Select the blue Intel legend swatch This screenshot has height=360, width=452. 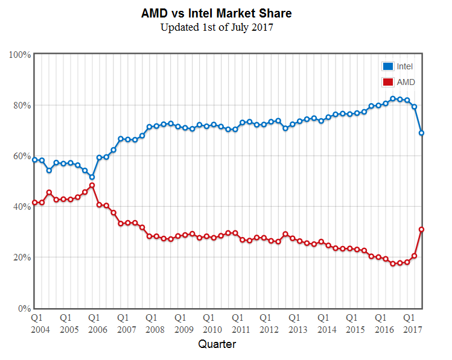point(387,66)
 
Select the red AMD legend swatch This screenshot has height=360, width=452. point(387,82)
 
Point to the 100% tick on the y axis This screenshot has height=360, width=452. point(21,55)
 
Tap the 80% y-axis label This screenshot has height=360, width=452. point(22,106)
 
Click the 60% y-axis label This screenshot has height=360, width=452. point(22,156)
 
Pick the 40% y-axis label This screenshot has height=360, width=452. point(22,207)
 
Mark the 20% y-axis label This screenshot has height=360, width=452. point(22,257)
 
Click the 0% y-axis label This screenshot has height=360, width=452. point(25,308)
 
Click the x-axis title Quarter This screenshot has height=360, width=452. point(217,344)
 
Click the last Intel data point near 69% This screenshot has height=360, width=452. point(421,133)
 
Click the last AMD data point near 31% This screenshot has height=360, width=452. point(421,229)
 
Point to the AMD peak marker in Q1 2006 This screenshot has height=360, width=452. point(92,185)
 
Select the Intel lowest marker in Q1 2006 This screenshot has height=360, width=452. point(92,177)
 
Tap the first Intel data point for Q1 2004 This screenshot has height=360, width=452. point(35,160)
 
